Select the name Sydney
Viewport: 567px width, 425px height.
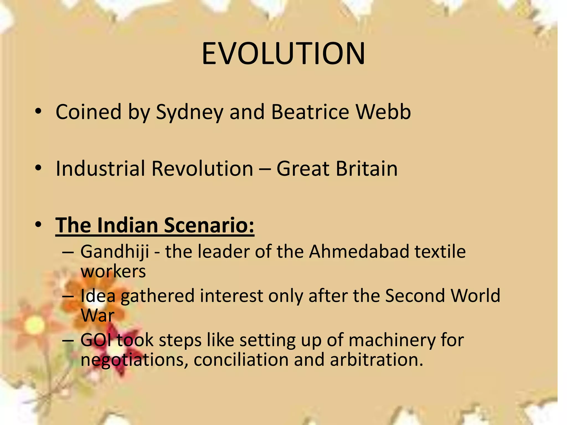pyautogui.click(x=189, y=112)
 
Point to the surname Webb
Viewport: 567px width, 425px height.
pyautogui.click(x=383, y=112)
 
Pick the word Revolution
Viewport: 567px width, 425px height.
pyautogui.click(x=202, y=169)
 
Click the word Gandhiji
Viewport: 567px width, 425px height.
pyautogui.click(x=115, y=252)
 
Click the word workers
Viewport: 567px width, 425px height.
pyautogui.click(x=113, y=272)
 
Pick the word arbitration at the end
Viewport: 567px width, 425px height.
pyautogui.click(x=376, y=360)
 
